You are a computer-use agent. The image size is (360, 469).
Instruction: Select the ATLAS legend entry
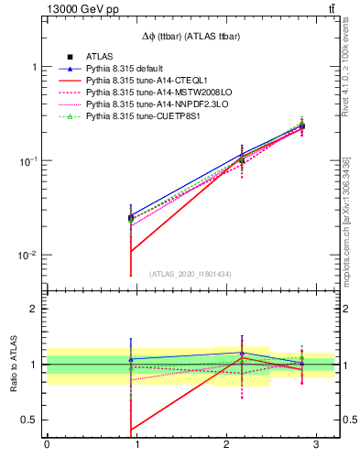pyautogui.click(x=99, y=57)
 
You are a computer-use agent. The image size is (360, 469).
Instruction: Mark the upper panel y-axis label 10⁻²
pyautogui.click(x=27, y=255)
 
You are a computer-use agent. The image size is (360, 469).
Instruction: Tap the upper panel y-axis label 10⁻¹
pyautogui.click(x=27, y=161)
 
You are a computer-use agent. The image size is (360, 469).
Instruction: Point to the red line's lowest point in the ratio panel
pyautogui.click(x=131, y=430)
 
